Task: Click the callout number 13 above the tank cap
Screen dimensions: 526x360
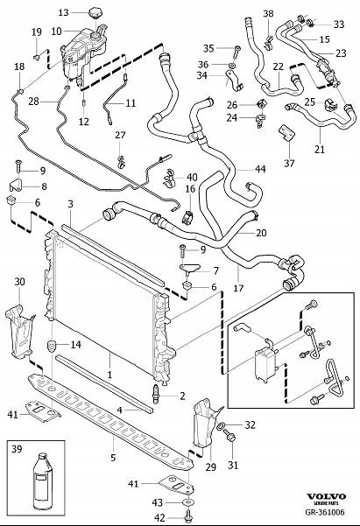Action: click(62, 13)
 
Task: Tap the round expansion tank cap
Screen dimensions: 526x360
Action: click(95, 13)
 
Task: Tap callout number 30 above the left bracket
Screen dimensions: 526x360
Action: click(19, 281)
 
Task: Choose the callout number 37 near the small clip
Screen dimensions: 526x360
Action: click(288, 164)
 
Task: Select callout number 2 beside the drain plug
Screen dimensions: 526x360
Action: click(182, 396)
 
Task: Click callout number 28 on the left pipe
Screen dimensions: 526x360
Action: click(33, 102)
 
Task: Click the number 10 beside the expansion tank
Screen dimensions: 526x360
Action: click(56, 32)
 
